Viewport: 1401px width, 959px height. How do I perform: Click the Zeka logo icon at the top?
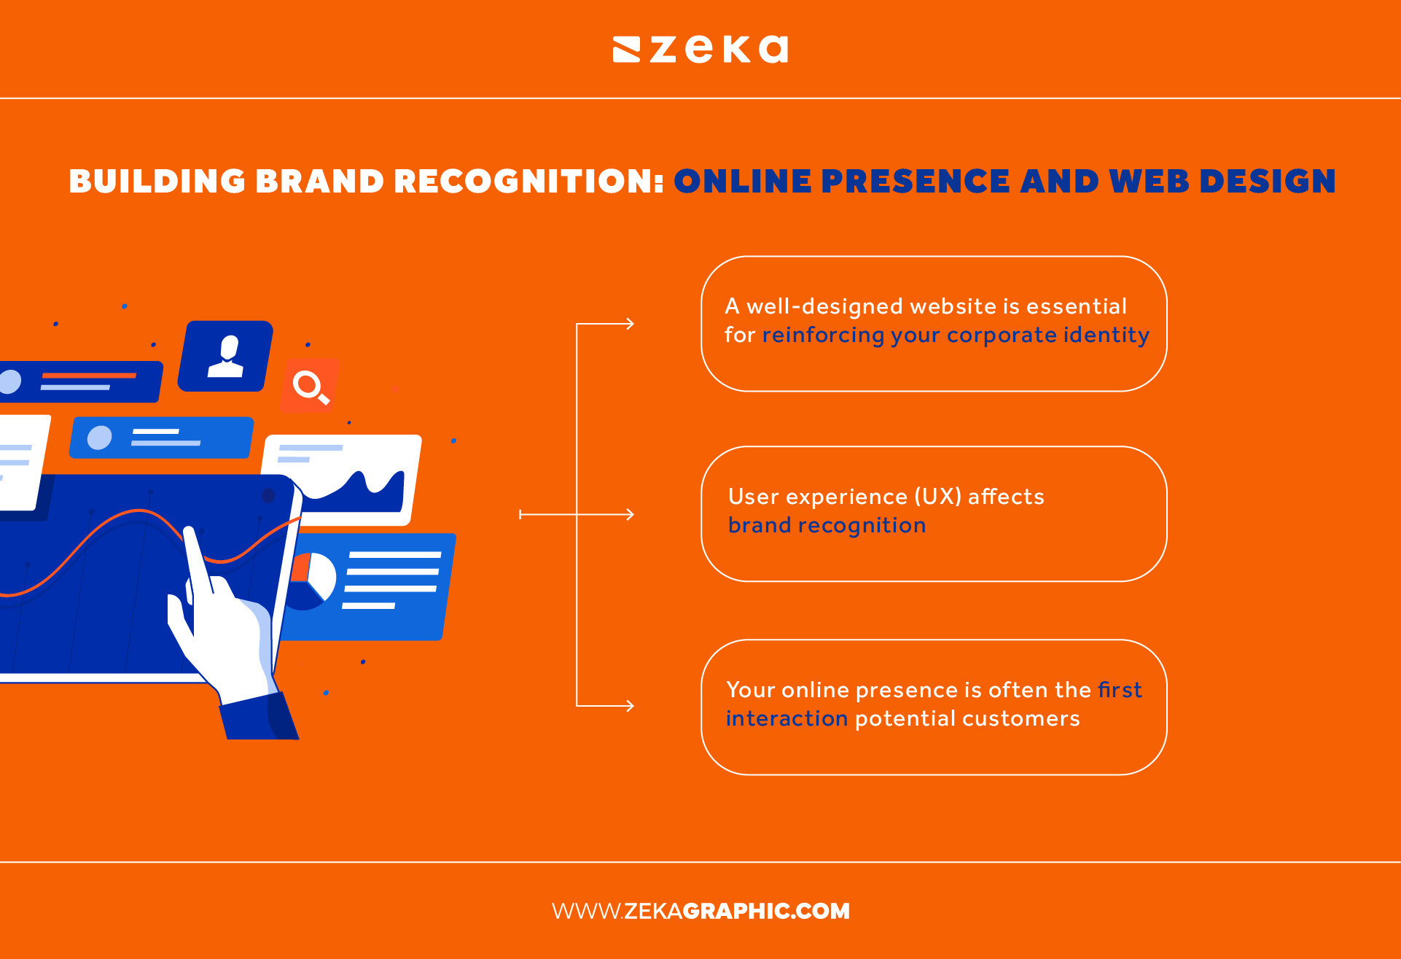626,50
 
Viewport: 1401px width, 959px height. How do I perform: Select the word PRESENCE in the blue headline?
916,182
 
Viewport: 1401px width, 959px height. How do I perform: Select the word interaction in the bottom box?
787,719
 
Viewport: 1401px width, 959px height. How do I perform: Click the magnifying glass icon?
310,386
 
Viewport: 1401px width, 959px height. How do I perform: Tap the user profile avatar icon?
227,356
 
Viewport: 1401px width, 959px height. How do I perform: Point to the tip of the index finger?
190,532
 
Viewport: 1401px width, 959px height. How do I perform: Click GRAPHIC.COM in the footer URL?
766,911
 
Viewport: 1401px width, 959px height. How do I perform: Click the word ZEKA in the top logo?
719,50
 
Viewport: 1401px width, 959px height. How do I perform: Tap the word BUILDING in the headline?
157,182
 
